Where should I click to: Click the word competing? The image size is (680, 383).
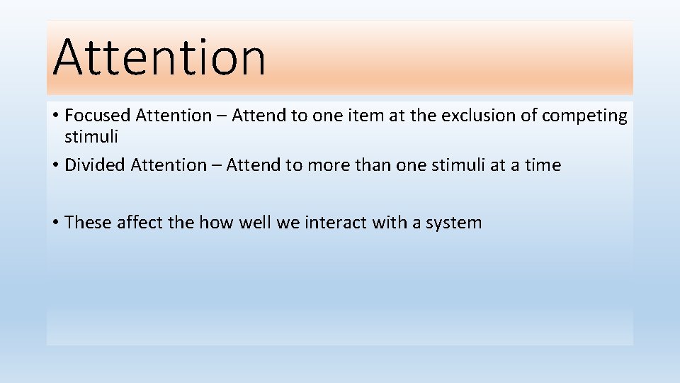click(x=584, y=116)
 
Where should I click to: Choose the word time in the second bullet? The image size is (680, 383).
click(x=543, y=165)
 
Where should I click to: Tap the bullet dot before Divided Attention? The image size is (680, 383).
click(x=55, y=166)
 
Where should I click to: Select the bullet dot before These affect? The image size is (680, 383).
click(x=55, y=223)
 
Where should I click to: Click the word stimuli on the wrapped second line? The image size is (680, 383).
click(x=91, y=136)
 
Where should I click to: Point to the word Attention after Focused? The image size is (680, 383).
click(x=174, y=116)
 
